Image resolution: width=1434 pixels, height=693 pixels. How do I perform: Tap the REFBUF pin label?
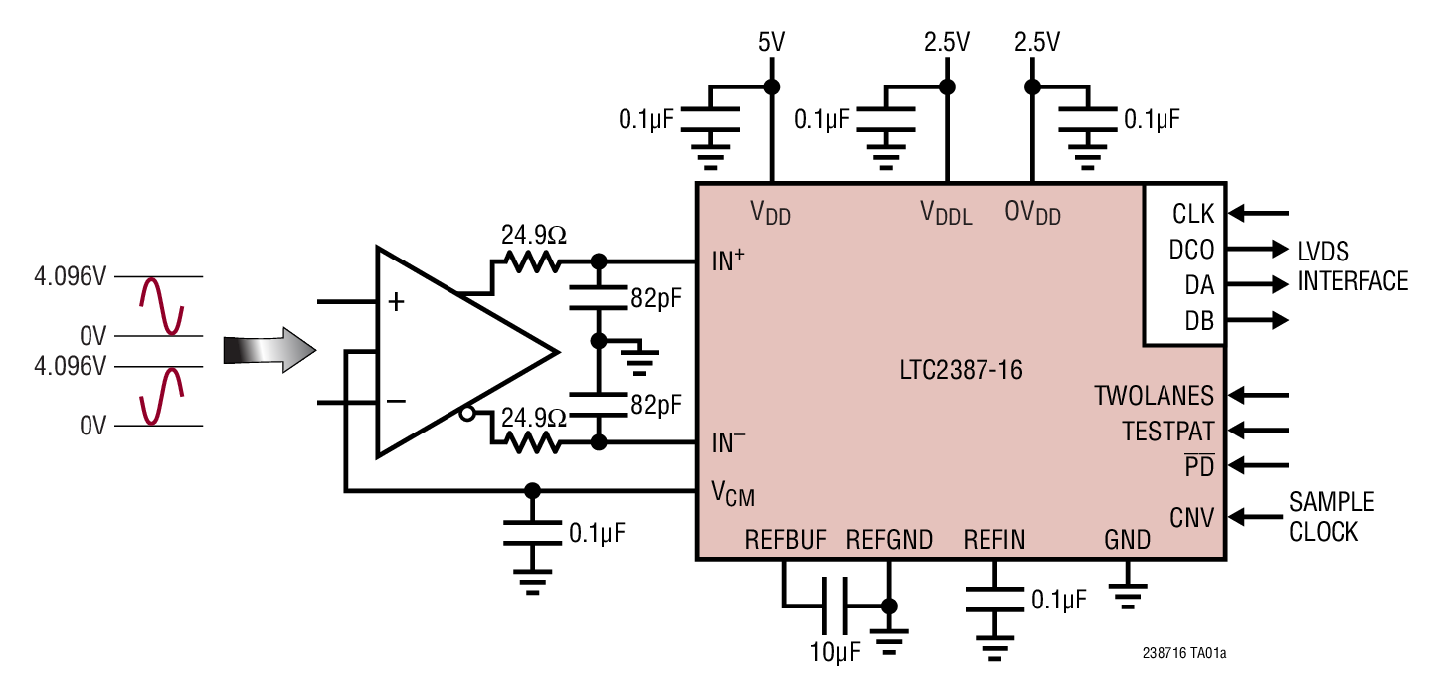(785, 540)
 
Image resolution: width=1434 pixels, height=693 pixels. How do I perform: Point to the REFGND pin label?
(889, 540)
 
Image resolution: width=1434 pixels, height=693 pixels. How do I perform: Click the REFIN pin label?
(993, 540)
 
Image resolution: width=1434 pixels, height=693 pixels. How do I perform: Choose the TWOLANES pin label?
(1154, 396)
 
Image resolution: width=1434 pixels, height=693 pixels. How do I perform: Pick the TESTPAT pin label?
(1167, 432)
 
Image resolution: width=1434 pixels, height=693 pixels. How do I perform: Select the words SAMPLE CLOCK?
(1331, 517)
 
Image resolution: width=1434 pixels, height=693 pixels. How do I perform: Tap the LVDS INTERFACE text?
(1351, 266)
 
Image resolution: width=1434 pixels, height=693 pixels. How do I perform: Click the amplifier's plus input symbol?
(396, 302)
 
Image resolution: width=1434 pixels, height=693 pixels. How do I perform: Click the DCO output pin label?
(1191, 250)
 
